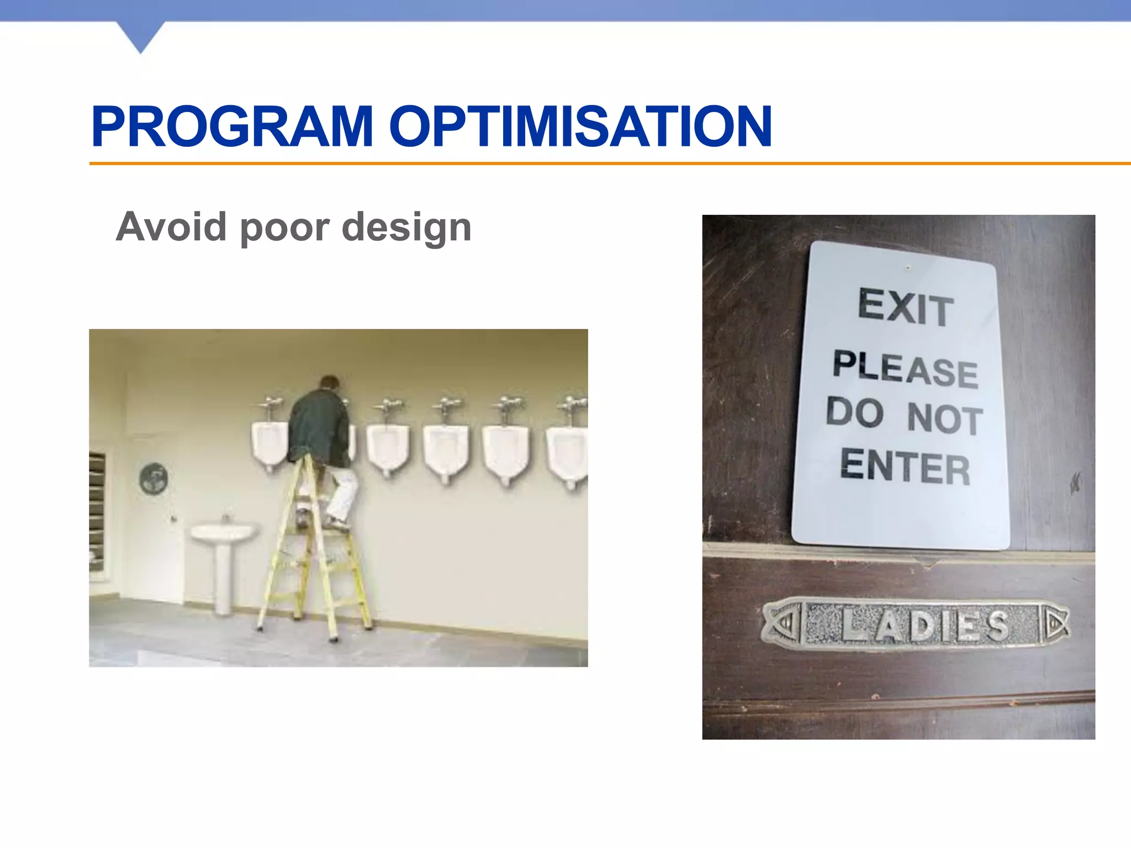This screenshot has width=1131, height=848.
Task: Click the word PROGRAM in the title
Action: point(232,127)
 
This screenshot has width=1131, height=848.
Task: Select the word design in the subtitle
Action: point(406,227)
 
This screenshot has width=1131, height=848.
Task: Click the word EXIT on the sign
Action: point(906,307)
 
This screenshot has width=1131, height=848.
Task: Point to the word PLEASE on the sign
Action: point(906,369)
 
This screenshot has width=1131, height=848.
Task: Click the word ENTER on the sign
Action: point(905,467)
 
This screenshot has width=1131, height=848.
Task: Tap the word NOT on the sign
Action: point(944,418)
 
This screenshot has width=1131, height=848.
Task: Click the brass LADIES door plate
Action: point(915,625)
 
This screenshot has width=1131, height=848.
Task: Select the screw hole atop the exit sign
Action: point(907,268)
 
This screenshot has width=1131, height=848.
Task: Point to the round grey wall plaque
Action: point(154,478)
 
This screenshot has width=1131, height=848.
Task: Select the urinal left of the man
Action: point(269,444)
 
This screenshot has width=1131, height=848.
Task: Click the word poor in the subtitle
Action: point(285,227)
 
